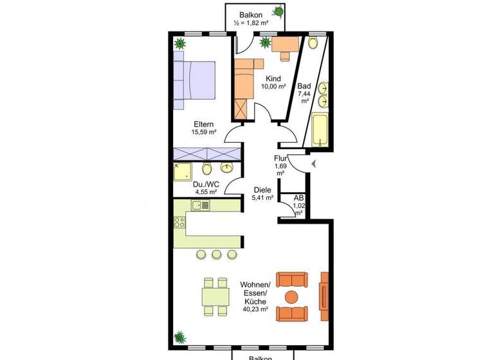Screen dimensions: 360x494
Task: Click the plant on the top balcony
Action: coord(279,11)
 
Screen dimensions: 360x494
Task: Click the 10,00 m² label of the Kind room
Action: coord(273,87)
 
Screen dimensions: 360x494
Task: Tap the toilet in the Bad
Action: coord(313,43)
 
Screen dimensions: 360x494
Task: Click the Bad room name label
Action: coord(304,85)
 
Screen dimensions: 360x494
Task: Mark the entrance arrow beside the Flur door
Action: coord(313,165)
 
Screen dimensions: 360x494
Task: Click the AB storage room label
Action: coord(298,199)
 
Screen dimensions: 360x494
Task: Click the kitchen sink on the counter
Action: coord(200,206)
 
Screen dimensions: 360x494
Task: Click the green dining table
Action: coord(215,296)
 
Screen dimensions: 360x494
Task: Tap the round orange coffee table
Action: coord(291,297)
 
